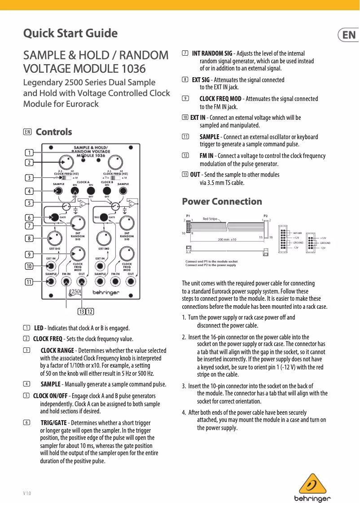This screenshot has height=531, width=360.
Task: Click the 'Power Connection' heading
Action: click(x=222, y=202)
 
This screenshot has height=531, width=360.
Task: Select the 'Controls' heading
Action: click(x=53, y=132)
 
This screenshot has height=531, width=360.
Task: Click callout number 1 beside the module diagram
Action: click(x=29, y=152)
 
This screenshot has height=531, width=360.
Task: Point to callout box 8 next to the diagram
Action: click(x=29, y=238)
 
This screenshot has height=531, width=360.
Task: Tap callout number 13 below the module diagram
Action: click(x=82, y=312)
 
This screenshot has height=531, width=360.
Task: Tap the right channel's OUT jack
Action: click(x=131, y=281)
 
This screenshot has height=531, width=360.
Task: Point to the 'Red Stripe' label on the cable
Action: click(x=210, y=219)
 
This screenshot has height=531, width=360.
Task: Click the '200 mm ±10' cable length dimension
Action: click(x=227, y=240)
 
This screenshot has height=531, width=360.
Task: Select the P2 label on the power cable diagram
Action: click(x=266, y=215)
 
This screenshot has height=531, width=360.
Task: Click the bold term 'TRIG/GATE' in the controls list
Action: click(x=53, y=423)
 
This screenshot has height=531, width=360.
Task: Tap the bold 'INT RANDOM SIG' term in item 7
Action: click(x=212, y=54)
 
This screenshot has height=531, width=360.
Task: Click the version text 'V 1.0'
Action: click(x=27, y=494)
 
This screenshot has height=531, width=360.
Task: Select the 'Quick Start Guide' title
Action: click(x=70, y=34)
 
